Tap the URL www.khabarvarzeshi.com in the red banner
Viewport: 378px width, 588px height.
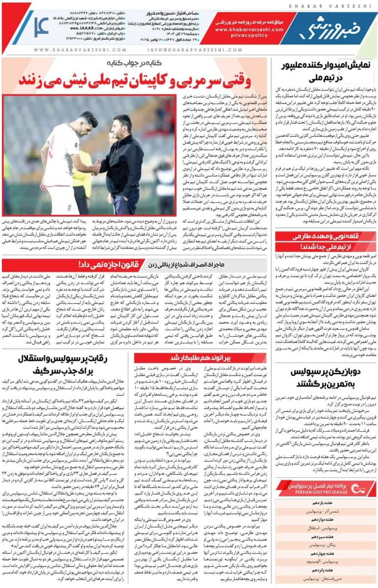tap(249, 29)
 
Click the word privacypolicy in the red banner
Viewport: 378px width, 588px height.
tap(249, 35)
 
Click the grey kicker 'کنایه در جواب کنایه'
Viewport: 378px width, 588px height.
tap(134, 63)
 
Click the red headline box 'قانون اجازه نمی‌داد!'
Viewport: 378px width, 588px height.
tap(109, 264)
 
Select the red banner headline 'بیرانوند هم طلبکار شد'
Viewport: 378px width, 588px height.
tap(200, 358)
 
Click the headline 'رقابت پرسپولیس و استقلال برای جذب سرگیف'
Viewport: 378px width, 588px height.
tap(63, 364)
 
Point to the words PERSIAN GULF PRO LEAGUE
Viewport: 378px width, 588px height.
tap(321, 492)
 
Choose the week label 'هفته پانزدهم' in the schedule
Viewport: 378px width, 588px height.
tap(322, 570)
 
